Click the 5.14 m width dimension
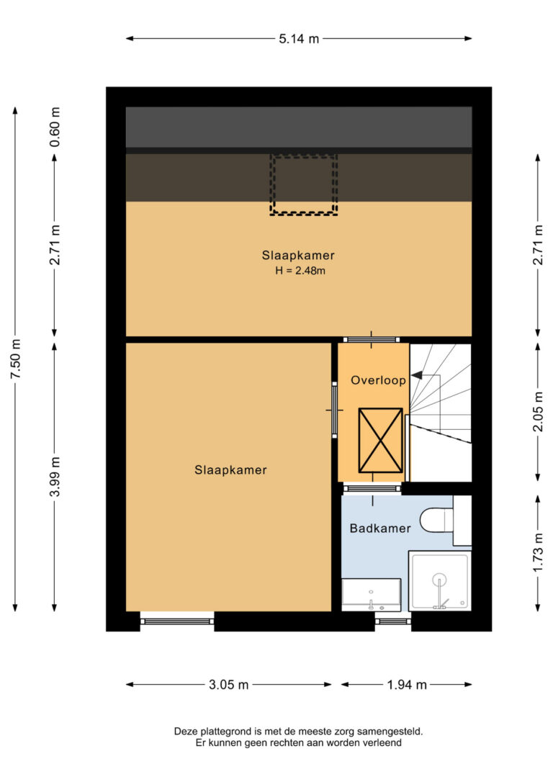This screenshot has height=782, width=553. click(299, 38)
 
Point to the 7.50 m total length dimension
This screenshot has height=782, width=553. click(15, 358)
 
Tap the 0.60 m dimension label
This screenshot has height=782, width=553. click(55, 127)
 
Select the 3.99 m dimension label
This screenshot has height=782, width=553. click(55, 476)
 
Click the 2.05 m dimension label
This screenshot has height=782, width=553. click(538, 411)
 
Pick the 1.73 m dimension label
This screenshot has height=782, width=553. click(538, 553)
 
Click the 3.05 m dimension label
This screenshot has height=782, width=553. click(228, 685)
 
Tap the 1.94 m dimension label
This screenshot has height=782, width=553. click(407, 685)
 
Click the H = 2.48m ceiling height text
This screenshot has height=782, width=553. click(300, 271)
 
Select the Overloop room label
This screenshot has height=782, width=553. click(379, 380)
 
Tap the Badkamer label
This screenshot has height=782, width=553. click(380, 528)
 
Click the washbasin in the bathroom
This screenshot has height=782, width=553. click(371, 595)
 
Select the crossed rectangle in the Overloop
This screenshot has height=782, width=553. click(380, 441)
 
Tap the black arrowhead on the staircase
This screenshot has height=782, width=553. click(416, 375)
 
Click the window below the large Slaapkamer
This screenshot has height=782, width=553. click(177, 621)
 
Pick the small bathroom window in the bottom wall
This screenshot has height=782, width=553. click(393, 621)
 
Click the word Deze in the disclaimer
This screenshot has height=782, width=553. click(186, 732)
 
